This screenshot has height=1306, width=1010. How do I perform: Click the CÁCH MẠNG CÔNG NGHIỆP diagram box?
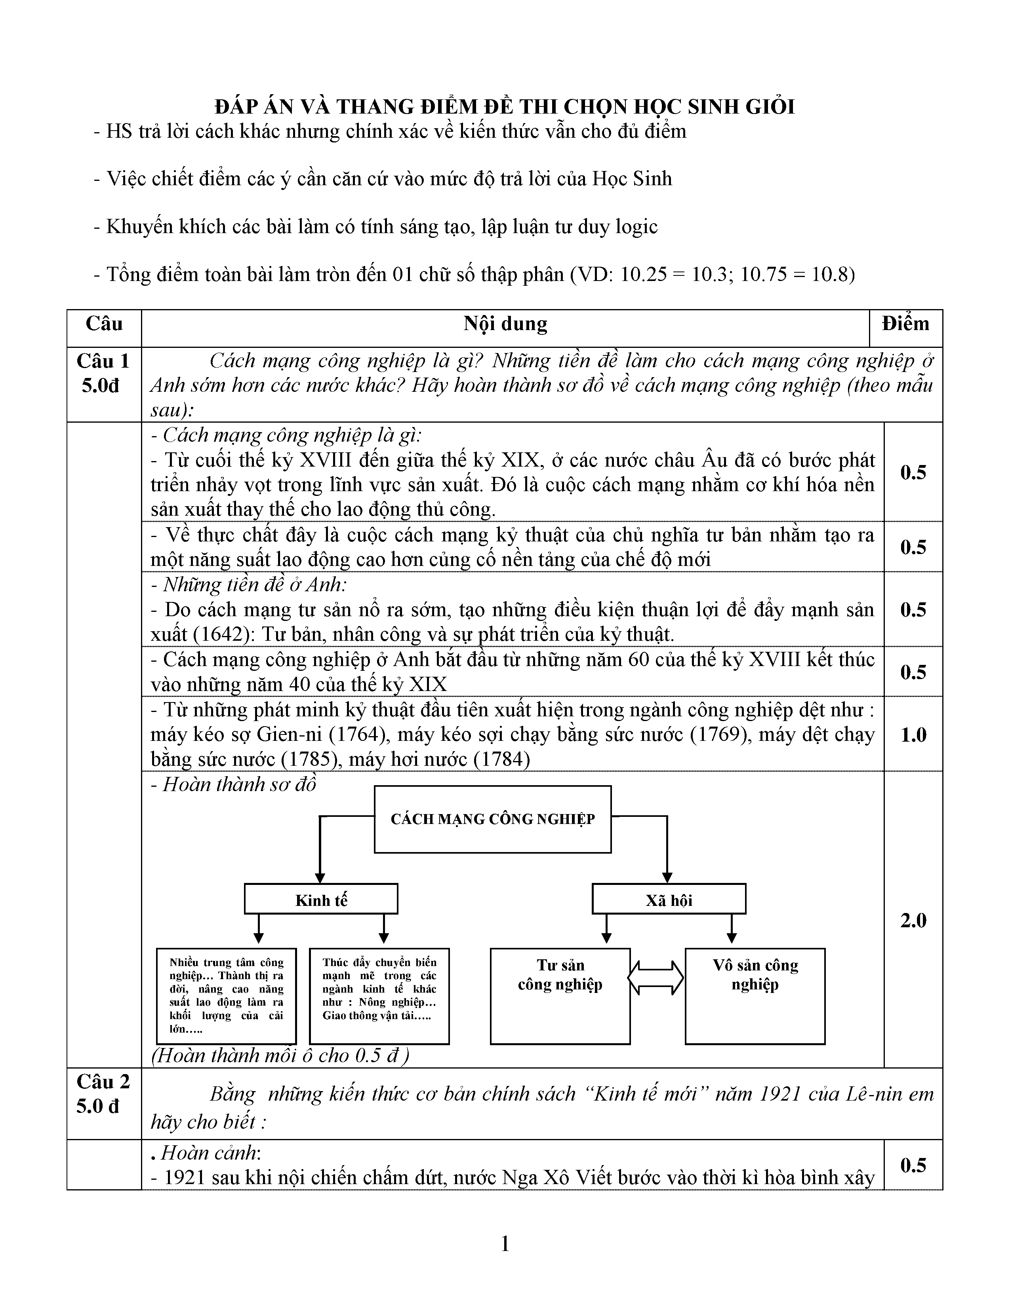[492, 819]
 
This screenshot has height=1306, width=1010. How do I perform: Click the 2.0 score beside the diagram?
[913, 920]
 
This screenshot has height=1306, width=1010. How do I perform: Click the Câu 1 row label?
[103, 361]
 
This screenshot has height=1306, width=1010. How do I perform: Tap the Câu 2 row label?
[103, 1082]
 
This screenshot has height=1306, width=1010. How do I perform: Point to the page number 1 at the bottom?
[504, 1244]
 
